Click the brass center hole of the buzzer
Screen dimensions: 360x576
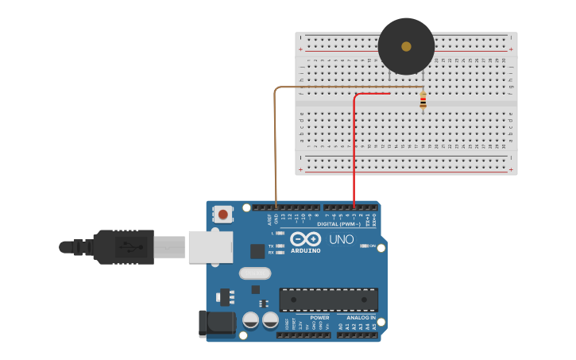[x=406, y=46]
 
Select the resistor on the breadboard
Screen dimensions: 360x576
[x=423, y=100]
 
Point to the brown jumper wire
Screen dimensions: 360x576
[x=275, y=143]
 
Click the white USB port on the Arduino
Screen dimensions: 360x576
[x=210, y=246]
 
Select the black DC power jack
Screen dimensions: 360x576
[x=216, y=323]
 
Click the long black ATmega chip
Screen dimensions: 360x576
[x=328, y=300]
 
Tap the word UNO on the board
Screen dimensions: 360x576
[x=341, y=239]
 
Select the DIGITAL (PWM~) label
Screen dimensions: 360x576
[x=338, y=224]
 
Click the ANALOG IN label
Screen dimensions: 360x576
[x=361, y=317]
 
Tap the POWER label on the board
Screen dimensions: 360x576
[x=319, y=317]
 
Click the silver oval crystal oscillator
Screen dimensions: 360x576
[x=254, y=273]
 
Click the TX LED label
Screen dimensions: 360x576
[x=271, y=246]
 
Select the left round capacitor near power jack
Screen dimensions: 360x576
[x=250, y=320]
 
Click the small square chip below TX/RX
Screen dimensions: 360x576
[x=257, y=251]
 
